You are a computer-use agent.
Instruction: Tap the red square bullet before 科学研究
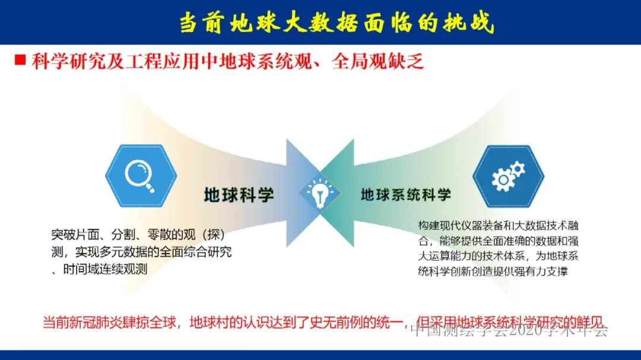pos(20,60)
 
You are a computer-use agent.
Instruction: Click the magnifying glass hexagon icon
pos(141,176)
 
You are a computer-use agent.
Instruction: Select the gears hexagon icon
pos(508,176)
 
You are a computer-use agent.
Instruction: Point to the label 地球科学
pos(239,195)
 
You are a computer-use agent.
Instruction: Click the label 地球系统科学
pos(406,195)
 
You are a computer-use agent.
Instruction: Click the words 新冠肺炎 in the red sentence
pos(108,324)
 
